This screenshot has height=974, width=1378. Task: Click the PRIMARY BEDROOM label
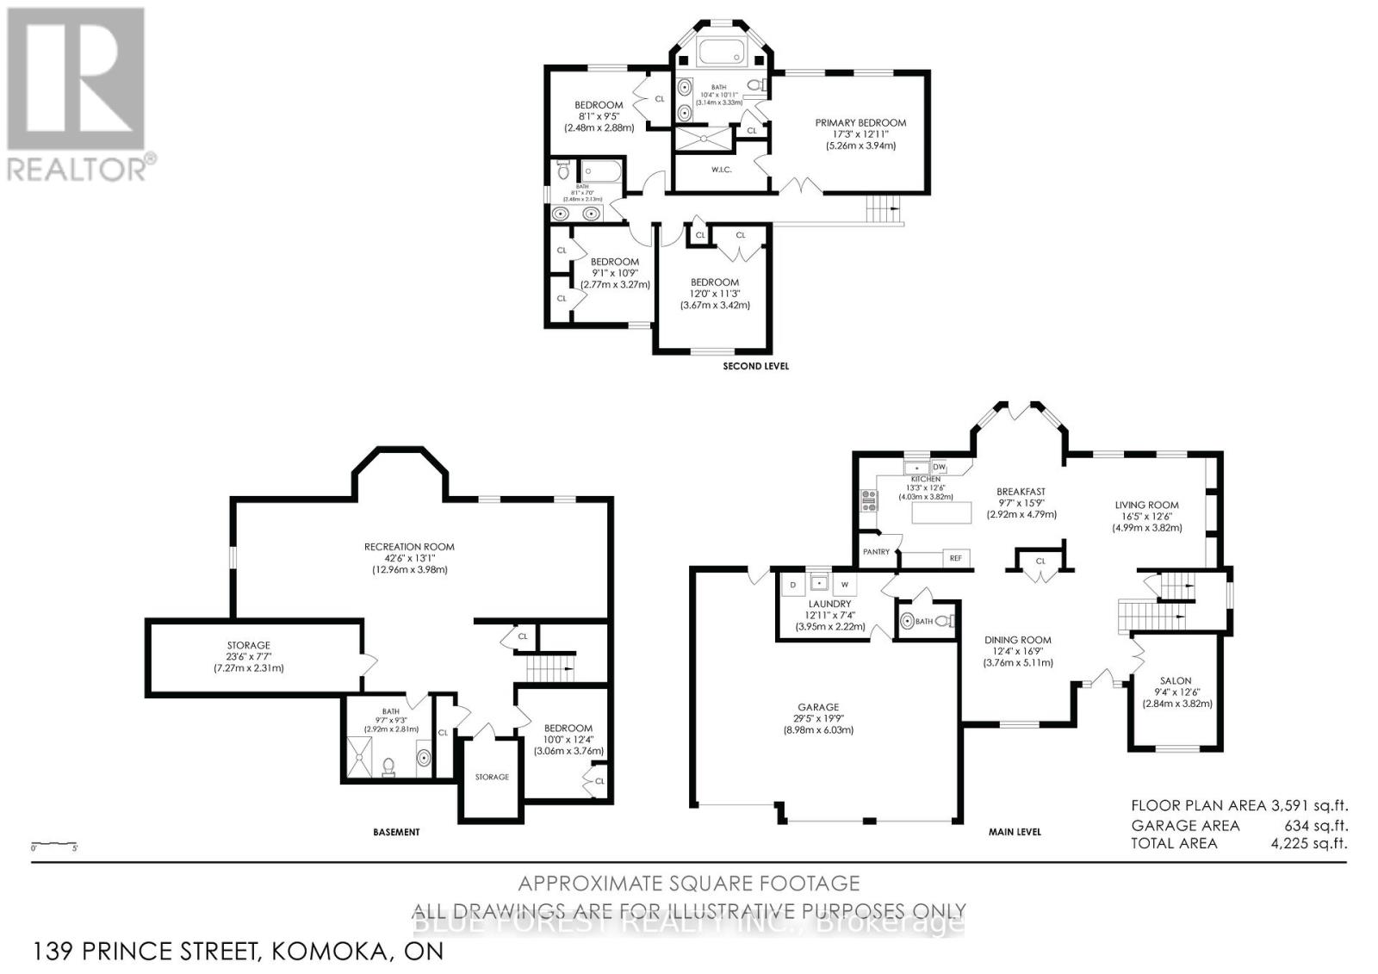(x=860, y=122)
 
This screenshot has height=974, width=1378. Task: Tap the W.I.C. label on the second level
(x=721, y=170)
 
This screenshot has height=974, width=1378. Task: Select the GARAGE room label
(x=817, y=707)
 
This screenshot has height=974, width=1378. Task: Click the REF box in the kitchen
(x=955, y=558)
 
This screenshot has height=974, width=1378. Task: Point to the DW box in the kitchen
(x=939, y=467)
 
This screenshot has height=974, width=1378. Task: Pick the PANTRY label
(x=876, y=552)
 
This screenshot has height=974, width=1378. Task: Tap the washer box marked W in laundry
(x=845, y=585)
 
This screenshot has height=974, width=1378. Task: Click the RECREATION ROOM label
(x=409, y=546)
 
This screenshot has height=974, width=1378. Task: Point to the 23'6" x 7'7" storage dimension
(x=249, y=656)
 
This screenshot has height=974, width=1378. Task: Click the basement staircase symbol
(x=550, y=667)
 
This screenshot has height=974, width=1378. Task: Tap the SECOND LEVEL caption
(x=754, y=366)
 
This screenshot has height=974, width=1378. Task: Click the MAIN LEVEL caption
(x=1014, y=832)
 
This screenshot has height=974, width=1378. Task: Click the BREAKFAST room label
(x=1021, y=492)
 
